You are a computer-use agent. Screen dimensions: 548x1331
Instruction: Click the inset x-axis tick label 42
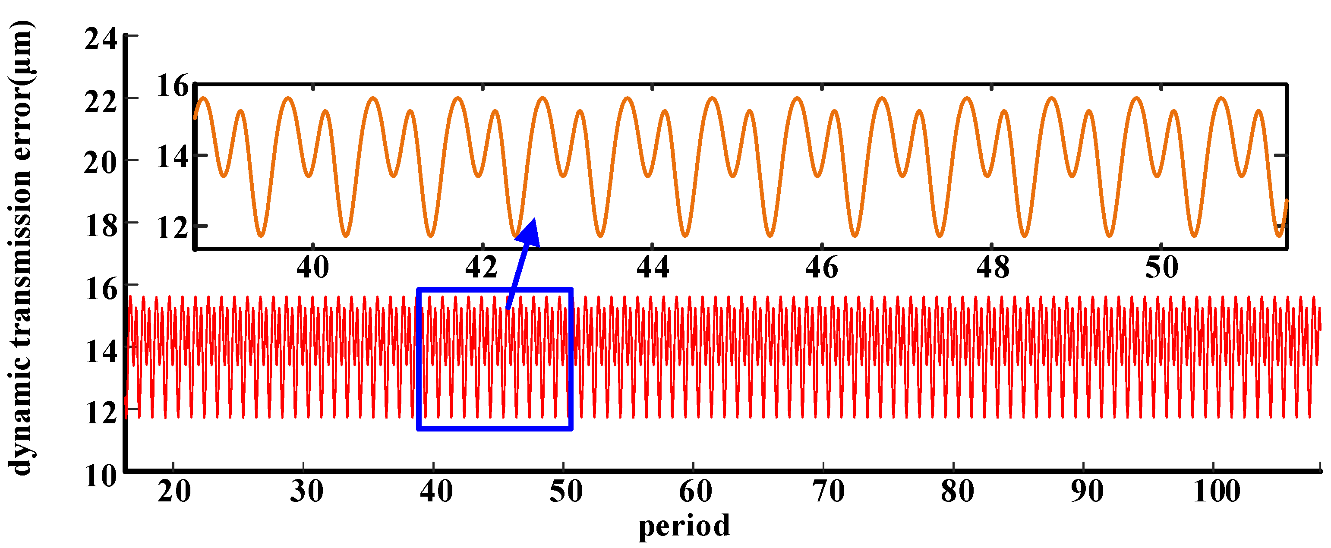(481, 268)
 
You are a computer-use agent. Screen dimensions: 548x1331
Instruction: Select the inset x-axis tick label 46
(821, 268)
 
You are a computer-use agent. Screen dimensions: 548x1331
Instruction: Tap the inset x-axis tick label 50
(1161, 268)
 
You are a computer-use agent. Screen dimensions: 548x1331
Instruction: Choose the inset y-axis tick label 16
(173, 86)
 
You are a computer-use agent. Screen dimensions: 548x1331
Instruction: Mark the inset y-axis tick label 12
(173, 228)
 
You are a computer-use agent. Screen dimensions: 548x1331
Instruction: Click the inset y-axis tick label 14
(173, 157)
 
